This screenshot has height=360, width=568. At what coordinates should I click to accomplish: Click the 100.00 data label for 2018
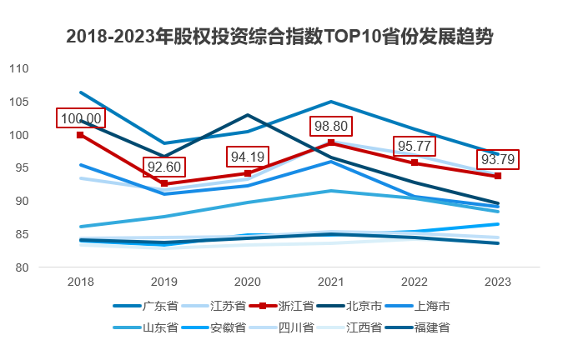pos(80,118)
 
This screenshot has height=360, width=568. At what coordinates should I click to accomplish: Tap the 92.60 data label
pos(164,167)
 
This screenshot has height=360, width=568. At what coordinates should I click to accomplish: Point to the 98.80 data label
pos(331,127)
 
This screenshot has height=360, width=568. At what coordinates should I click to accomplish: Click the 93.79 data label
pos(499,159)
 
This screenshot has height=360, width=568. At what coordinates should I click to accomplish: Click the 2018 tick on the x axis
pos(80,282)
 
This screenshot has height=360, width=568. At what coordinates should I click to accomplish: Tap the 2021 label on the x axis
pos(331,282)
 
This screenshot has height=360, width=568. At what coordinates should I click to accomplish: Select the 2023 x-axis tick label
pos(498,282)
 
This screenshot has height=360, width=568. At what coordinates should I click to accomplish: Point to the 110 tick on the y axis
pos(18,69)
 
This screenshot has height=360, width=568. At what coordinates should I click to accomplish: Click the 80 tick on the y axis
pos(22,267)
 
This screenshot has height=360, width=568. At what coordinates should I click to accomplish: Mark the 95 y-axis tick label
pos(22,168)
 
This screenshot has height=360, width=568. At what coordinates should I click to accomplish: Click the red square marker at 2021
pos(331,143)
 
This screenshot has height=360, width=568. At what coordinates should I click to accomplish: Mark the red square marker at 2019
pos(164,183)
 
